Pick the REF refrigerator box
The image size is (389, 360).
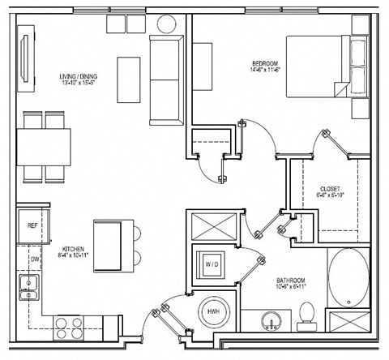click(x=33, y=225)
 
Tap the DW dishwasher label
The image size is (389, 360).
click(x=34, y=259)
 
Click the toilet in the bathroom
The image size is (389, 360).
click(x=306, y=315)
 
